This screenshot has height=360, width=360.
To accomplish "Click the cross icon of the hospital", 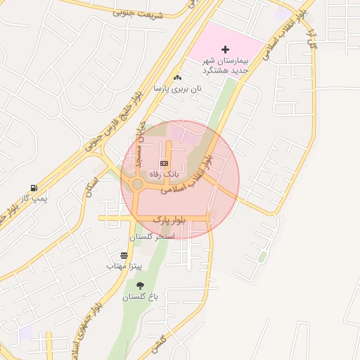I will [225, 49].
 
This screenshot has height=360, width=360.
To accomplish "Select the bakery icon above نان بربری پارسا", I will [177, 78].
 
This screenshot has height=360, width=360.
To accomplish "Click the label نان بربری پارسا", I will [179, 89].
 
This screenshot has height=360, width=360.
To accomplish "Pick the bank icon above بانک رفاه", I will [164, 162].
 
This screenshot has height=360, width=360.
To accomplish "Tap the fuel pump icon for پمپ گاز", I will [33, 188].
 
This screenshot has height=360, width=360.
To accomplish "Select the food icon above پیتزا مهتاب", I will [124, 255].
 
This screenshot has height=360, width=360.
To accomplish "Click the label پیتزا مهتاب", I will [124, 266].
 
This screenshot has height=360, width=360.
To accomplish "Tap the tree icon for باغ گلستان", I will [140, 285].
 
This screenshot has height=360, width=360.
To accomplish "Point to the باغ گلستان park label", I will [141, 297].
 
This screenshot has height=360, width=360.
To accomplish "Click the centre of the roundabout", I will [136, 185].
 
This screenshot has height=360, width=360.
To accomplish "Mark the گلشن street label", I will [157, 342].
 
